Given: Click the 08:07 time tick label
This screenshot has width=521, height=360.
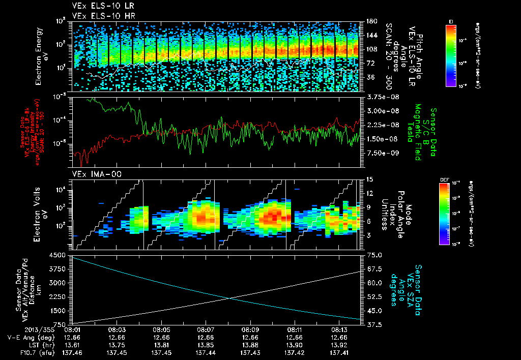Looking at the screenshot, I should pos(205,329).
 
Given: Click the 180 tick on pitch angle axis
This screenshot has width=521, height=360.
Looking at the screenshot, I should pos(371,21).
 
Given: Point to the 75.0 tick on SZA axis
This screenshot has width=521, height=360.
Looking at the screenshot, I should pos(374,255).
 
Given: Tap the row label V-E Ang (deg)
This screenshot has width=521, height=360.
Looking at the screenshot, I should pos(31,337).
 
